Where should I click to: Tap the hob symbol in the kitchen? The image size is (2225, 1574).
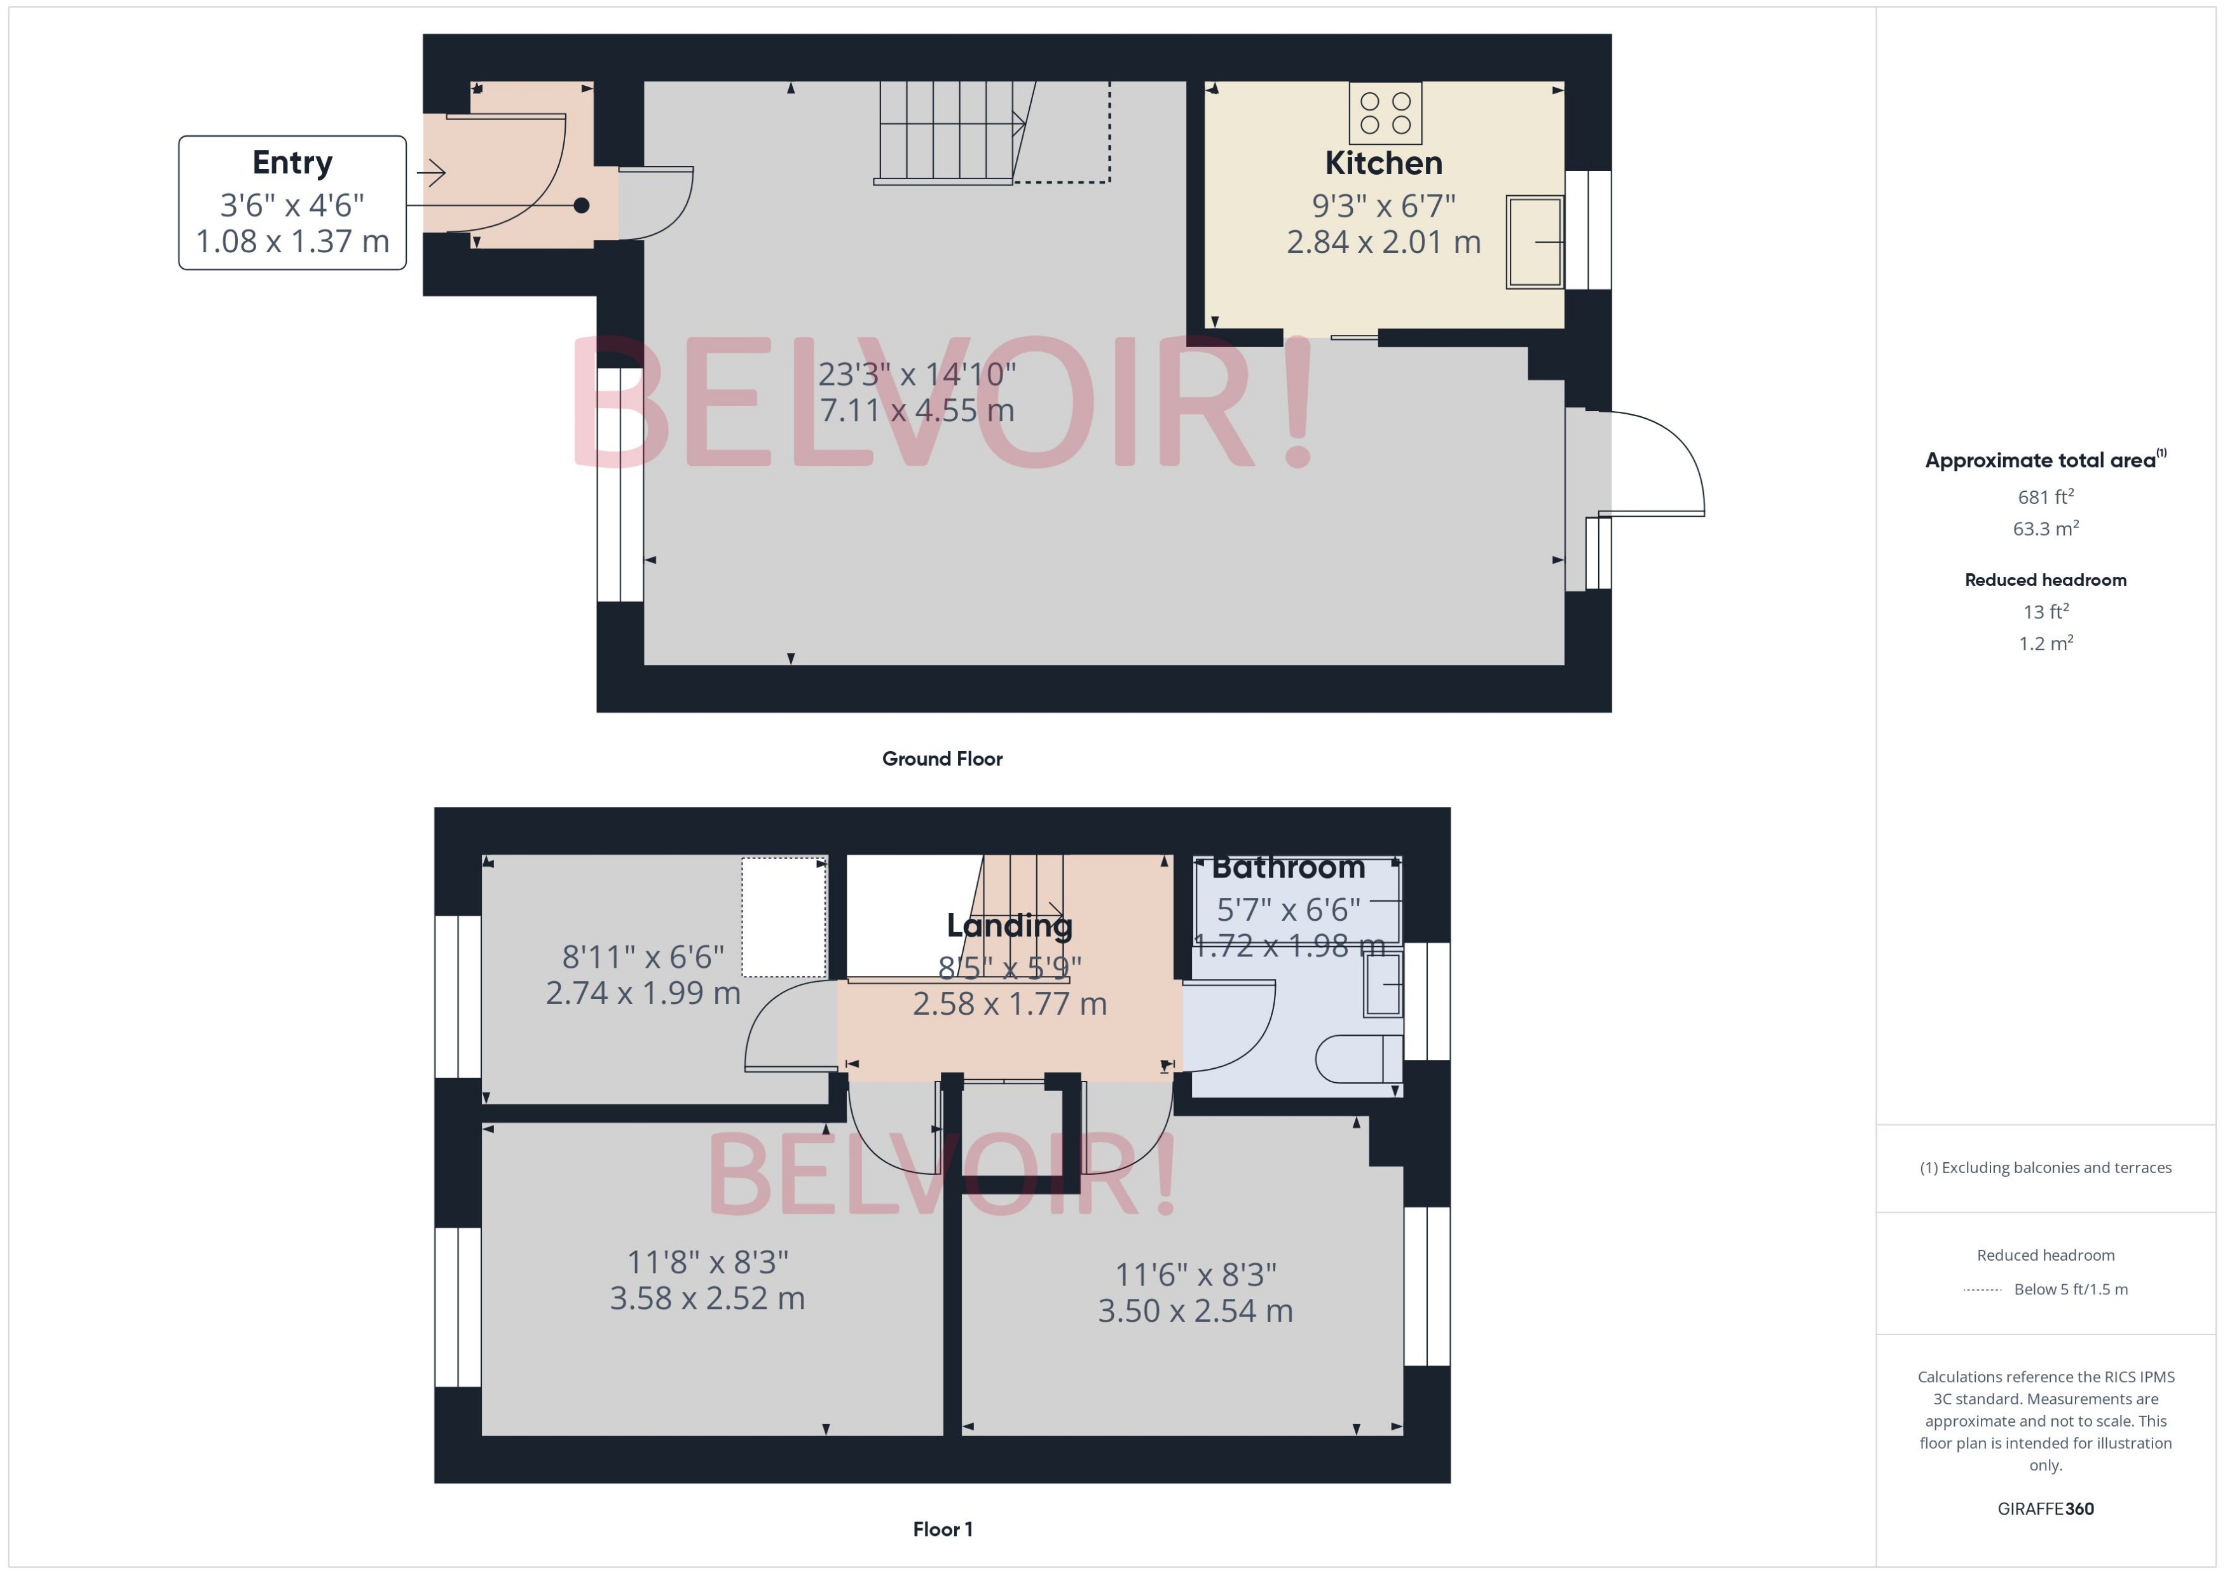click(x=1385, y=113)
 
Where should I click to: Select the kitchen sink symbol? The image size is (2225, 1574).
click(x=1534, y=241)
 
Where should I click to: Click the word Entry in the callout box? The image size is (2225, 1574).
click(x=292, y=162)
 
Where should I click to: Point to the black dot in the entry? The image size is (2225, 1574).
click(x=581, y=205)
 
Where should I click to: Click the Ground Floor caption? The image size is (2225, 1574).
click(x=941, y=759)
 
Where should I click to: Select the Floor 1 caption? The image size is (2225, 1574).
click(x=941, y=1528)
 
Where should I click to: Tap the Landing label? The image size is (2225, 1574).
click(x=1010, y=926)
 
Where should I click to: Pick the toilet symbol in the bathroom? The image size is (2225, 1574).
click(x=1357, y=1059)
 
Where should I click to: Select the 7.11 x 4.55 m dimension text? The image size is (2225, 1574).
click(x=916, y=410)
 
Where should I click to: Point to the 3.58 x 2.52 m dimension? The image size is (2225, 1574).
click(x=707, y=1298)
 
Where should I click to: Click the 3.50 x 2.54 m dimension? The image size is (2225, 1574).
click(x=1195, y=1310)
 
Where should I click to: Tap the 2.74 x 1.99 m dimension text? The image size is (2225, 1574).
click(x=643, y=993)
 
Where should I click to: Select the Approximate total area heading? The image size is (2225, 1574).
click(x=2040, y=460)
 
